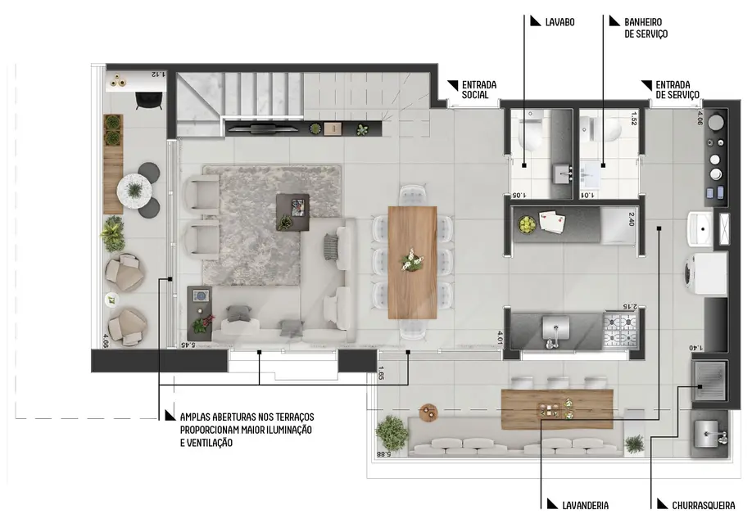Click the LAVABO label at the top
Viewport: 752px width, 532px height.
(x=559, y=22)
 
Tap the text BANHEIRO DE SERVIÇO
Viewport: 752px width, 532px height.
(x=646, y=28)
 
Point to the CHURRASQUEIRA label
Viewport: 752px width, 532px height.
(x=703, y=506)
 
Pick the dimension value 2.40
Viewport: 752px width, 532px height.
(x=632, y=219)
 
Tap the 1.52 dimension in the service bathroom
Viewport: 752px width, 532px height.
(x=633, y=118)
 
